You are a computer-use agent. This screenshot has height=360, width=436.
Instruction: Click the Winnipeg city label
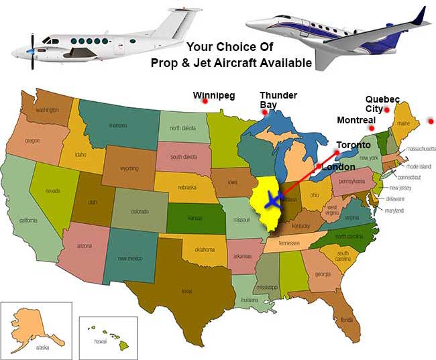coord(213,95)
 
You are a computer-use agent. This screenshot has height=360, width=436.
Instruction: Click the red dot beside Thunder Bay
coord(265,112)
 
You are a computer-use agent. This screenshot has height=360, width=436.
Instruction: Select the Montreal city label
coord(356,120)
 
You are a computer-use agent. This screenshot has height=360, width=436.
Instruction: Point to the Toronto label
coord(353,145)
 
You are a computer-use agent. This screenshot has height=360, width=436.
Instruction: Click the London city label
coord(339,166)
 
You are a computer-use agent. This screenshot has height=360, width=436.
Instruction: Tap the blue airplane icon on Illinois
coord(273,199)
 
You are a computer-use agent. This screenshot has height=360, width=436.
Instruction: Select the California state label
coord(28,220)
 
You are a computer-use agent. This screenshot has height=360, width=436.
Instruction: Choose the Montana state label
coord(118,125)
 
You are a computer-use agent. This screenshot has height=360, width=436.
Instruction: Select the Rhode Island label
coord(419,167)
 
